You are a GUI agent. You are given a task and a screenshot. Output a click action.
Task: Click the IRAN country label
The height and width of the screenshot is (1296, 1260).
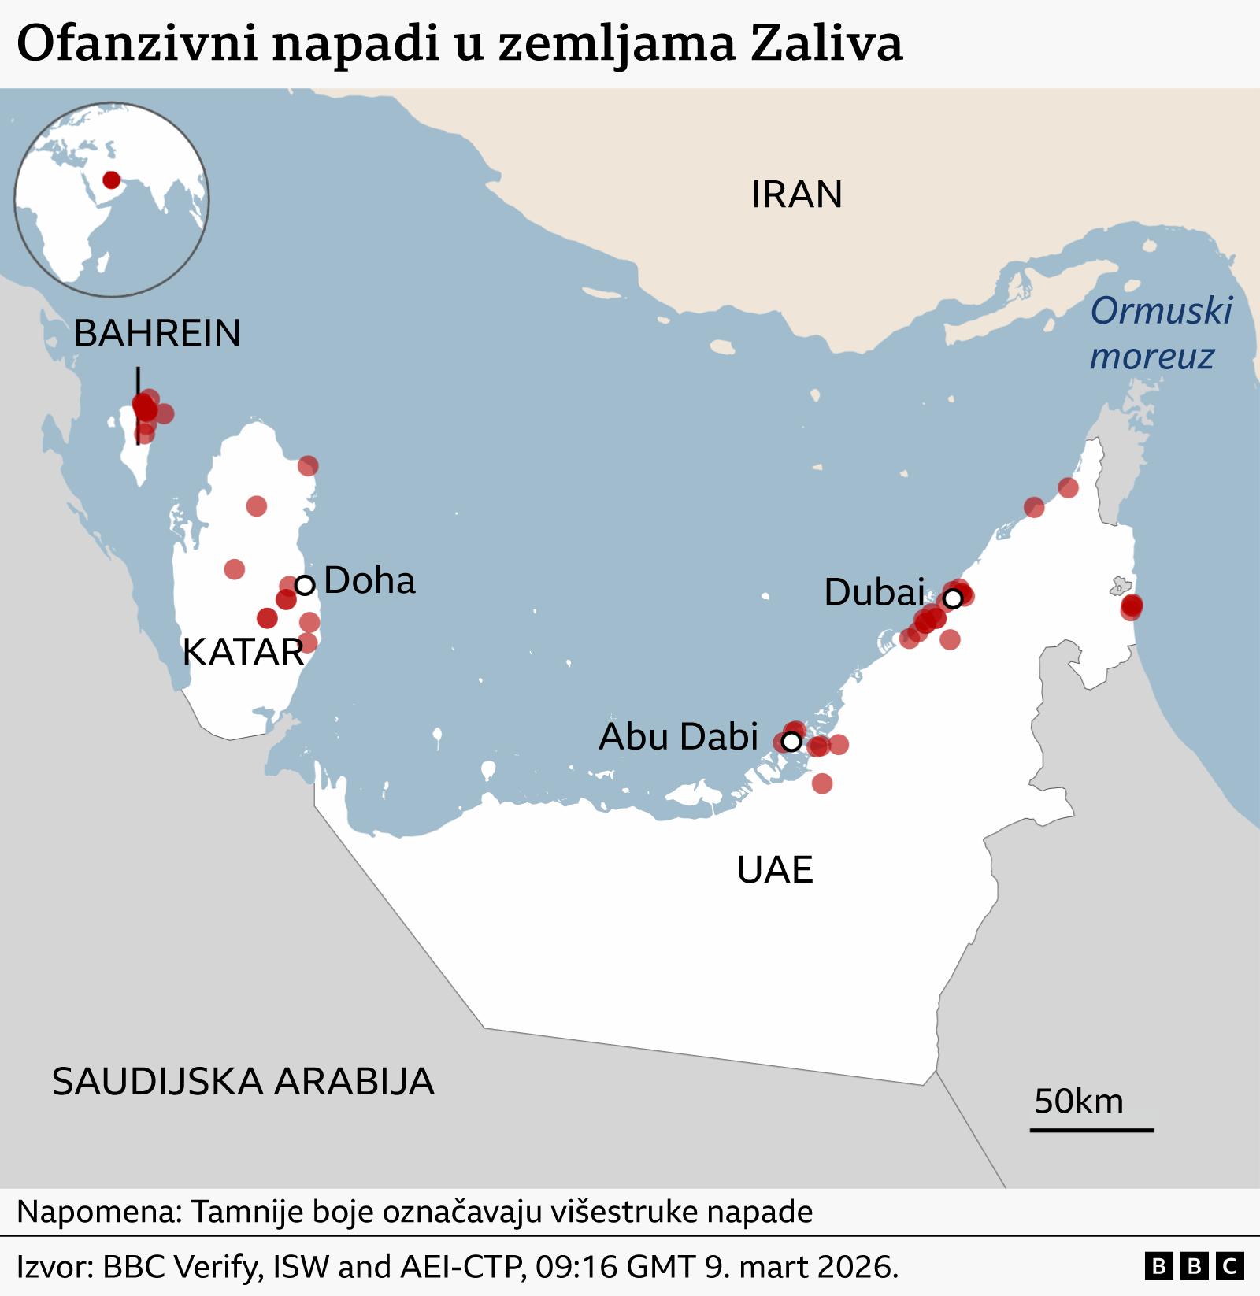pos(797,194)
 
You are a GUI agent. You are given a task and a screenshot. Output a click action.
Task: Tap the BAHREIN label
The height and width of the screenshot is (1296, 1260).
pos(157,333)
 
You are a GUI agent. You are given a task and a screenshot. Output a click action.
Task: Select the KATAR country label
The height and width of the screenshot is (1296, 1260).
pos(243,652)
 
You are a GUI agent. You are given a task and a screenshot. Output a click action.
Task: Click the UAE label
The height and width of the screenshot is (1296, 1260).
pos(775,870)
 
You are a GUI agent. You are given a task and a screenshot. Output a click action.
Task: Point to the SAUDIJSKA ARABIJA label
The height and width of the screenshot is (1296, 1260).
pos(243,1082)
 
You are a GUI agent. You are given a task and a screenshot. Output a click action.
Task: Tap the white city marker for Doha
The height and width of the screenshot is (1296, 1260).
pos(305,585)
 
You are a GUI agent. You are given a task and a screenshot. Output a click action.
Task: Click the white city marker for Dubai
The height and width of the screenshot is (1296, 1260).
pos(953,598)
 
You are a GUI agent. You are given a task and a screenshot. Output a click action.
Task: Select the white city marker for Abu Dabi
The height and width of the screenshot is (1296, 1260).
pos(791,741)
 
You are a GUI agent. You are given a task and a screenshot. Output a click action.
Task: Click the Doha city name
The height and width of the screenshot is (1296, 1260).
pos(369,581)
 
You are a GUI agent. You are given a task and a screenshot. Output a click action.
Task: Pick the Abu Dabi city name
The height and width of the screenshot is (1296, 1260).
pos(678,737)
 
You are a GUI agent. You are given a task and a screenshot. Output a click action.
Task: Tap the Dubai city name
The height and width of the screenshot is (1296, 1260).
pos(874,592)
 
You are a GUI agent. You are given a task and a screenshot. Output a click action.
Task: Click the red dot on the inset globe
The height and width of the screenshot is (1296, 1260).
pos(112,180)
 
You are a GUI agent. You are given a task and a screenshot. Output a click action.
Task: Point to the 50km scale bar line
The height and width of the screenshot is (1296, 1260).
pos(1091,1130)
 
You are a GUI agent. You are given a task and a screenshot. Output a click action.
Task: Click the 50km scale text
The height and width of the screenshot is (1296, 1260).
pos(1078,1102)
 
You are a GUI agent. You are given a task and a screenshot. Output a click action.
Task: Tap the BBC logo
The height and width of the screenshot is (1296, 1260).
pos(1194,1266)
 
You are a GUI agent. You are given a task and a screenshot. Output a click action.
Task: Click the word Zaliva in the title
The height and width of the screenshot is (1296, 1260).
pos(826,43)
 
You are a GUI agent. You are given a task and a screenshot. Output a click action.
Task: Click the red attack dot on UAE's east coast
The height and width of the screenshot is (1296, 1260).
pos(1132,606)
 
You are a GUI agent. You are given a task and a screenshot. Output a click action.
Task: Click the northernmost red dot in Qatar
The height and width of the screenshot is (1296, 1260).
pos(308,466)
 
